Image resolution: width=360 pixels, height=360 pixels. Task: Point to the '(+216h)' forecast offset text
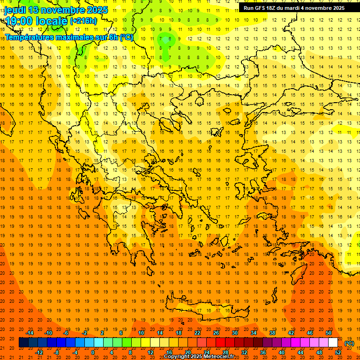(83, 21)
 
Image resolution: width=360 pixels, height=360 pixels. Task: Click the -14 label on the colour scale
(30, 333)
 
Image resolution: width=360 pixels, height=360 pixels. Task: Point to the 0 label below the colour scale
(92, 352)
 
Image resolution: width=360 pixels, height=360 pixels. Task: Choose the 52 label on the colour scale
(338, 352)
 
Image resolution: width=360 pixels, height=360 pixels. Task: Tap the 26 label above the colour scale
(216, 333)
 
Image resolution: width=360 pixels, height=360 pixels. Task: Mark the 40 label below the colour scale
(282, 352)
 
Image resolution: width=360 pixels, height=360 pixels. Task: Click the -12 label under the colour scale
(39, 352)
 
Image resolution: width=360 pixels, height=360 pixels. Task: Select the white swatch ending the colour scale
(333, 343)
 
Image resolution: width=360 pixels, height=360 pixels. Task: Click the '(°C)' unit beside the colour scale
(349, 343)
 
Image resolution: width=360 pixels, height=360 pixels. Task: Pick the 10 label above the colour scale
(141, 333)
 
